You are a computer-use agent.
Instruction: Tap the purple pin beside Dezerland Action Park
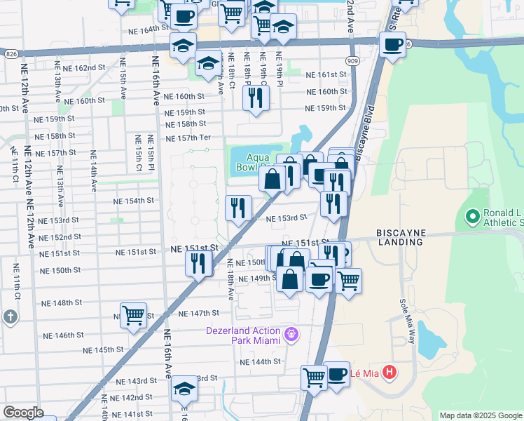point(292,335)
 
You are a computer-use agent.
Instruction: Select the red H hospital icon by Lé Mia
point(390,373)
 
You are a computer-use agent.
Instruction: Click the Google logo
point(23,413)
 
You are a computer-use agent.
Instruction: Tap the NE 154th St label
point(134,201)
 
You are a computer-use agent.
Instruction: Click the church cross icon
point(9,316)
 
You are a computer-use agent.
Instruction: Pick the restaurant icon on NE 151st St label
point(199,263)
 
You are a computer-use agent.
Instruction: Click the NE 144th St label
point(260,362)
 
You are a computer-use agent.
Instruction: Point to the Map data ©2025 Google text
point(481,415)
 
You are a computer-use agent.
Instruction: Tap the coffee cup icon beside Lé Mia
point(336,373)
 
